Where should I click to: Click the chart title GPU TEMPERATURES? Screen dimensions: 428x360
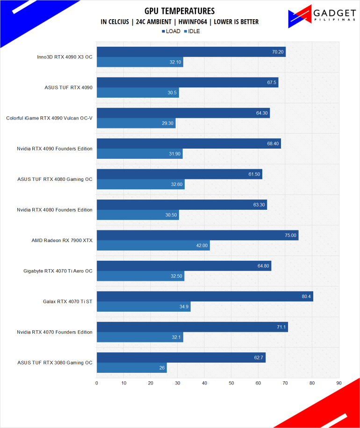click(x=180, y=11)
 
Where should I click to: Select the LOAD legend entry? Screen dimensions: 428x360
click(x=171, y=31)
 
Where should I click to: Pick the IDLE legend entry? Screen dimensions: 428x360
click(x=192, y=31)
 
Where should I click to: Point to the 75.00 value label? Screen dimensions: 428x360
click(x=290, y=235)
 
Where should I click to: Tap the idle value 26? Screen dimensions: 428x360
click(x=162, y=368)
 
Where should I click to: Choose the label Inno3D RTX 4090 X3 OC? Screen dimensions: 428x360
click(x=65, y=57)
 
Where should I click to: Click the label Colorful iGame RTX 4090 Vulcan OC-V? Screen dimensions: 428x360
click(x=49, y=118)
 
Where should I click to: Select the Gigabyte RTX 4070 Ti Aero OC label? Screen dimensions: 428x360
click(x=58, y=271)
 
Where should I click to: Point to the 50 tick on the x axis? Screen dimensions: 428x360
click(x=231, y=383)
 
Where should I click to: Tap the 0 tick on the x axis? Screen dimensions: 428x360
click(x=97, y=383)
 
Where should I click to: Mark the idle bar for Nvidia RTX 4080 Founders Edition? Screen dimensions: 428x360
click(x=137, y=215)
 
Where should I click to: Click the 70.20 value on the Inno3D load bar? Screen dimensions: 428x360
click(x=278, y=52)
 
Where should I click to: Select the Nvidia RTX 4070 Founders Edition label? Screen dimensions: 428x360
click(x=54, y=332)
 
